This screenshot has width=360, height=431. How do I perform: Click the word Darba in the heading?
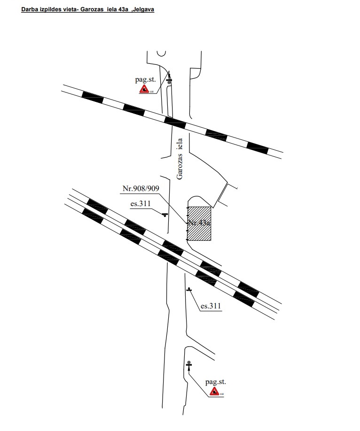pos(29,9)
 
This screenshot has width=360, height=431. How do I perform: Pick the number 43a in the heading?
pos(124,9)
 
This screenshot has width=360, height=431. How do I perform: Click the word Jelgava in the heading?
pos(143,9)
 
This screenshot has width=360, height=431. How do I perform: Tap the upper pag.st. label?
pos(145,80)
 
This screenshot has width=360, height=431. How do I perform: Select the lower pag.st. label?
pos(216,383)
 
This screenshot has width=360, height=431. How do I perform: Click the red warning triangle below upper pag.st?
pos(145,89)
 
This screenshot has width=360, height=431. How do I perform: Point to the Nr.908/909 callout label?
pos(141,189)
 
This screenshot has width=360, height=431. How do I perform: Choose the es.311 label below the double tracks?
pos(211,306)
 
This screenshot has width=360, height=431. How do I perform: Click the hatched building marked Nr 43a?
pos(199,223)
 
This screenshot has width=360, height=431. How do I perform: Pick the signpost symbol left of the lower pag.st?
pos(189,365)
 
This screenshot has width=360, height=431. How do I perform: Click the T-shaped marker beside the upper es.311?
pos(164,215)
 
